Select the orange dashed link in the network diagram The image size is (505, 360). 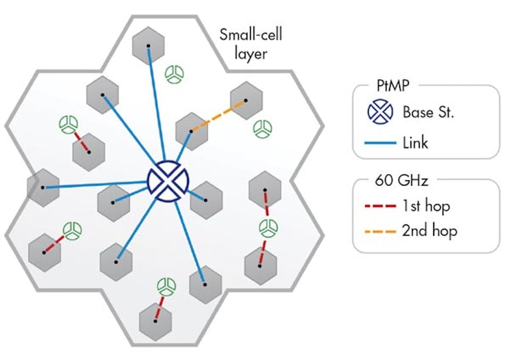pos(218,115)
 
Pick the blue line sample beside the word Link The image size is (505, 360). pos(381,143)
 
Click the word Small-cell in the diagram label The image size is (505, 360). pos(251,36)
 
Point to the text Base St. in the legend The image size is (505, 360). pos(428,112)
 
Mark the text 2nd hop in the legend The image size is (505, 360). pos(429,231)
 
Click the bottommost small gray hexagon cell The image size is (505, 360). pos(155,321)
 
